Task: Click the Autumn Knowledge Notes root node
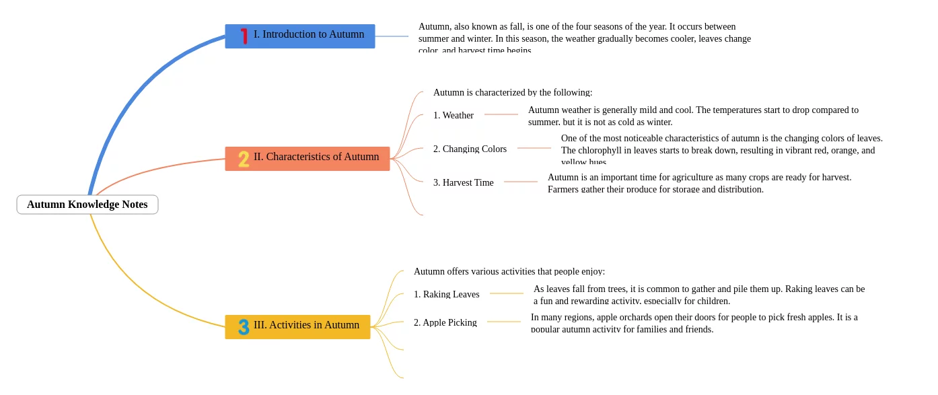coord(87,205)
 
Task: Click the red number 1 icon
coord(244,36)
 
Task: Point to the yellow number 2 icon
coord(244,159)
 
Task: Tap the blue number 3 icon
coord(244,327)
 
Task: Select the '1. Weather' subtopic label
coord(453,115)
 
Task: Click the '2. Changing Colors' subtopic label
coord(470,149)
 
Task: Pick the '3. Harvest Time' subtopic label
coord(463,182)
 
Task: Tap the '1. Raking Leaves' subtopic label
coord(446,294)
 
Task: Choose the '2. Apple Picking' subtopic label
coord(445,322)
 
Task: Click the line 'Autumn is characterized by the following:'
coord(512,92)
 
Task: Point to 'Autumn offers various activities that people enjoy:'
coord(509,271)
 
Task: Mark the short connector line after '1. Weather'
coord(501,114)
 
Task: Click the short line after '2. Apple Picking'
coord(503,322)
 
